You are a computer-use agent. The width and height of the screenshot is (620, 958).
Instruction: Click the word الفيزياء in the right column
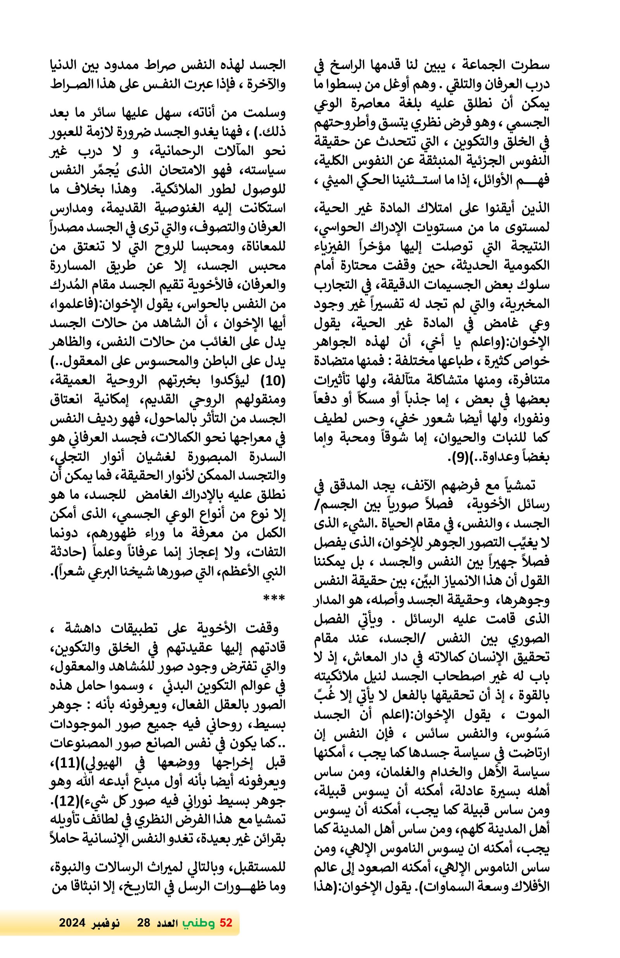(x=528, y=246)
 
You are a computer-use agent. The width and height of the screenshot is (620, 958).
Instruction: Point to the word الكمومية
(x=528, y=266)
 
